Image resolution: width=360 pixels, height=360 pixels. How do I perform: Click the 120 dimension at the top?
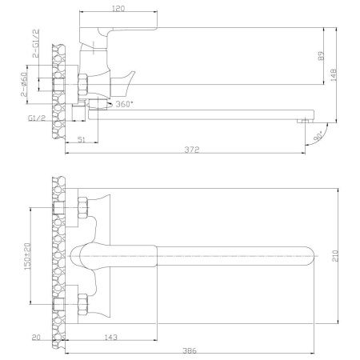pyautogui.click(x=118, y=9)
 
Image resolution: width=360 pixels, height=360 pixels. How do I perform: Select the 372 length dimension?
pyautogui.click(x=192, y=150)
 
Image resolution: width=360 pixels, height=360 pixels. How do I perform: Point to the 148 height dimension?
pyautogui.click(x=334, y=74)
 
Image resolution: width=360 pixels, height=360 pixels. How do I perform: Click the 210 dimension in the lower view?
pyautogui.click(x=335, y=256)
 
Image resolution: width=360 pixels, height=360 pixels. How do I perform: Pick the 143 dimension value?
pyautogui.click(x=110, y=338)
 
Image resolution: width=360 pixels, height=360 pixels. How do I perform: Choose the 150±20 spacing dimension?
pyautogui.click(x=27, y=256)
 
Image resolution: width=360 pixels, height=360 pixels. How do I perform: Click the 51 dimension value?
pyautogui.click(x=82, y=139)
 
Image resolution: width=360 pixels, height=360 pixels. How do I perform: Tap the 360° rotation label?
pyautogui.click(x=124, y=104)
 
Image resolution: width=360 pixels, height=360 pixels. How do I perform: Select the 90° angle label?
pyautogui.click(x=318, y=136)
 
